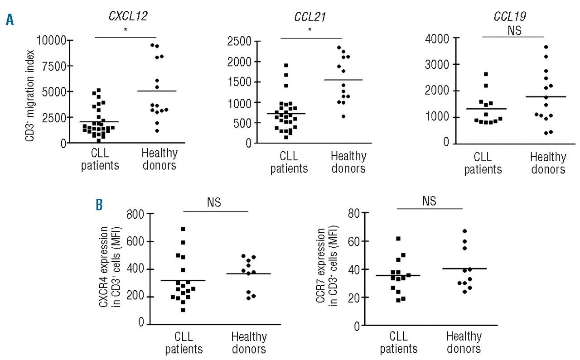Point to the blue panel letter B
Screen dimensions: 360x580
point(99,205)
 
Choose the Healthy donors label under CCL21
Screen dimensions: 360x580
point(348,163)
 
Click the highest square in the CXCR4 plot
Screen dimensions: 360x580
point(183,229)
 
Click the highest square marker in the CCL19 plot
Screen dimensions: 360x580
point(486,74)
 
